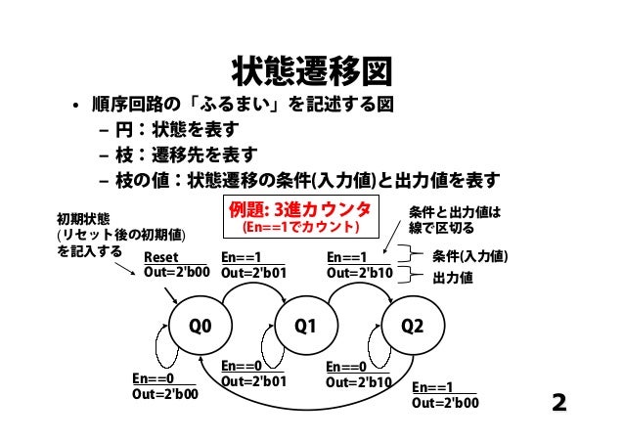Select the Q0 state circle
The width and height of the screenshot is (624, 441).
pos(200,327)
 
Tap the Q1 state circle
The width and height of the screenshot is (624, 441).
pos(306,327)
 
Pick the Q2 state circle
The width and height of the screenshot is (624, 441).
pos(412,327)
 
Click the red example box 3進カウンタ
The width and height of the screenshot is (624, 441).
pos(299,218)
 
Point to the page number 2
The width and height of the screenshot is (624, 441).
pos(559,403)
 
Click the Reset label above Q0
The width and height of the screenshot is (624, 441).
pos(161,258)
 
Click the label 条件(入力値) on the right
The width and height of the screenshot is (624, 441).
pos(468,257)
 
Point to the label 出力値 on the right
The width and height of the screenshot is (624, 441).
pos(453,278)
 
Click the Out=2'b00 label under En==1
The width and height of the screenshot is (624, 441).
pos(446,402)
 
